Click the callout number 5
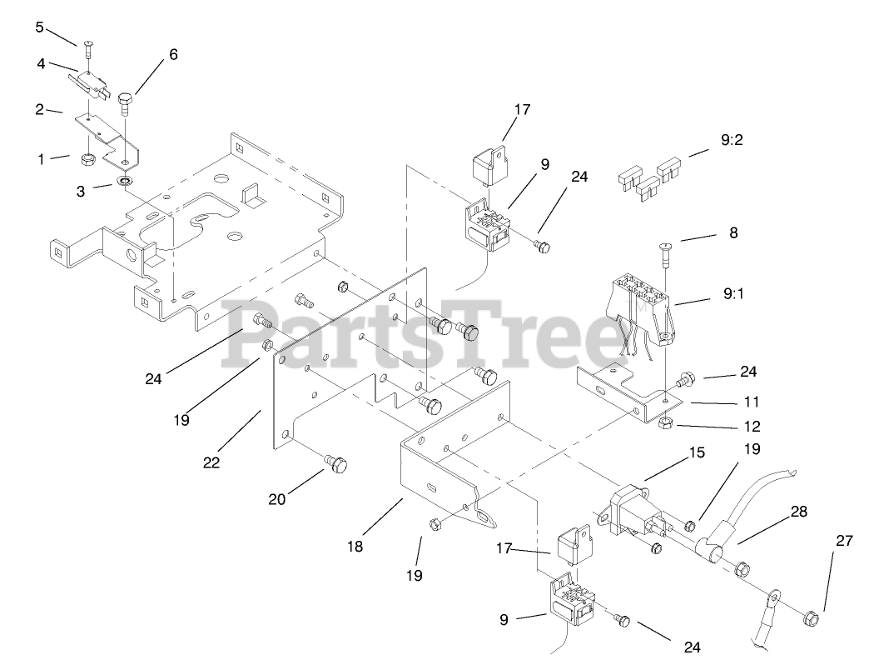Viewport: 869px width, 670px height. coord(39,27)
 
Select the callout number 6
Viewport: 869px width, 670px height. coord(173,54)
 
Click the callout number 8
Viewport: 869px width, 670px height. coord(732,233)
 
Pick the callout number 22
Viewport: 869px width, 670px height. coord(211,462)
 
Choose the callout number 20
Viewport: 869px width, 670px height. coord(277,499)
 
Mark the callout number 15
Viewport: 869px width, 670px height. coord(696,452)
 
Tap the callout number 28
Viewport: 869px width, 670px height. coord(799,512)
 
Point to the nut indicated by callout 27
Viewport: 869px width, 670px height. coord(807,619)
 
